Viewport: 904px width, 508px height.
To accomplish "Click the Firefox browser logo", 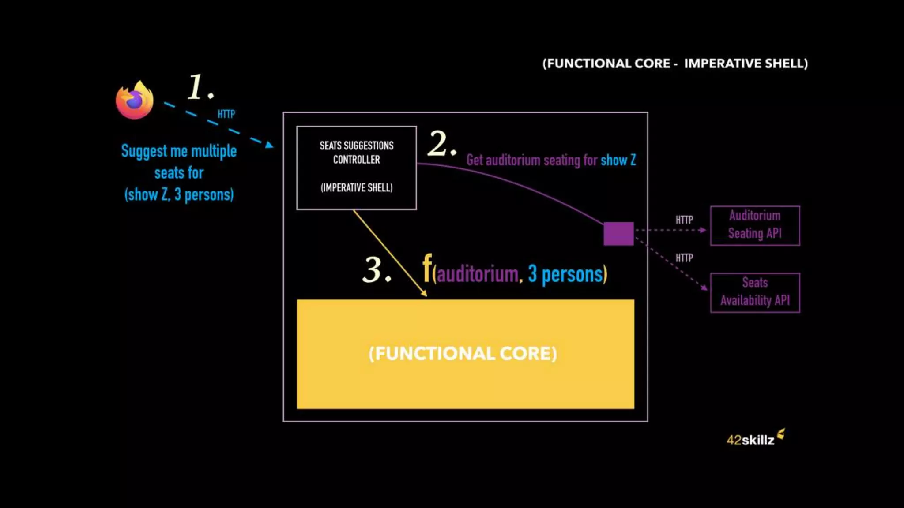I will coord(135,100).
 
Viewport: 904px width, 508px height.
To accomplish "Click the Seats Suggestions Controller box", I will coord(356,168).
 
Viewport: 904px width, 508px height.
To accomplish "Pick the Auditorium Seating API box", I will coord(755,225).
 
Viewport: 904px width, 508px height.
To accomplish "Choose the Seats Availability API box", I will coord(755,292).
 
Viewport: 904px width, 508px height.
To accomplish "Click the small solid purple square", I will coord(618,233).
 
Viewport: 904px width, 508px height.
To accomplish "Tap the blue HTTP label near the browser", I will coord(226,114).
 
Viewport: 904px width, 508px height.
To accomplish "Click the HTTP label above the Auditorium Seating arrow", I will coord(684,220).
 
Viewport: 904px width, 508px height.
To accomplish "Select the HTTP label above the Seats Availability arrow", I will coord(684,258).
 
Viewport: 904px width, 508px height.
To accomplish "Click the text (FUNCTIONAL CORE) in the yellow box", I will coord(463,354).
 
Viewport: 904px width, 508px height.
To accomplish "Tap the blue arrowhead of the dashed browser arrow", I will coord(269,145).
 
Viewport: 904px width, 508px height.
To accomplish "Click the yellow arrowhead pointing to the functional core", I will coord(424,293).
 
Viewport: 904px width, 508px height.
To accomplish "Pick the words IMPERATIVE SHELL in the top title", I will coord(746,63).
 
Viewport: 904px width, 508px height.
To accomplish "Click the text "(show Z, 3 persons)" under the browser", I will coord(179,194).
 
